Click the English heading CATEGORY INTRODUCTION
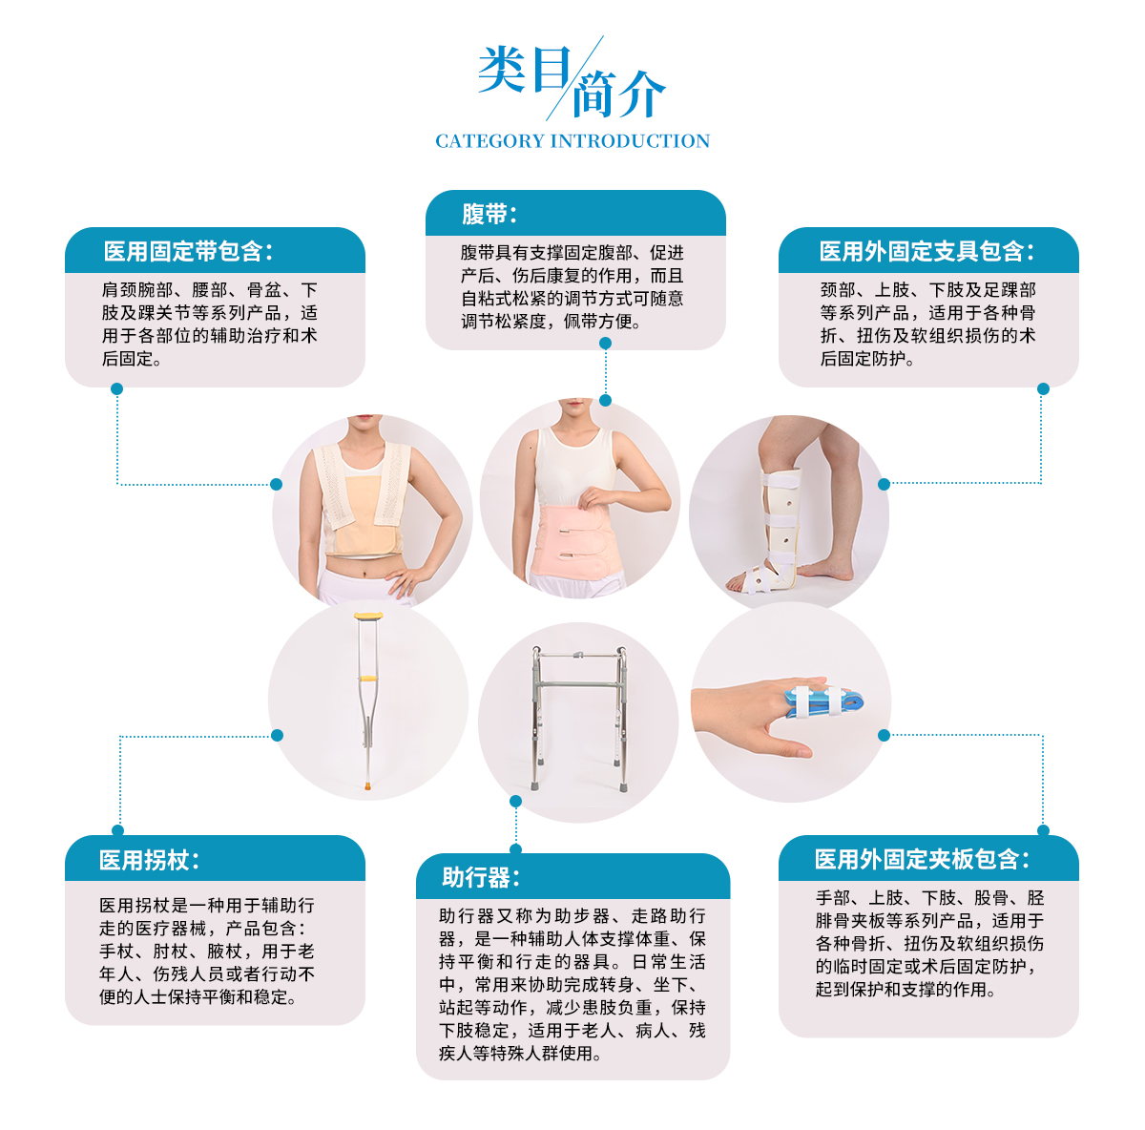point(572,141)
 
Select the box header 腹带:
point(489,214)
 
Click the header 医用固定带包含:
point(188,251)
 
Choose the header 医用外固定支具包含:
point(926,251)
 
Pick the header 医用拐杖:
point(149,860)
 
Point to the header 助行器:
point(480,877)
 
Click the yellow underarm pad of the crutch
point(368,617)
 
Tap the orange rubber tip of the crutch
point(368,785)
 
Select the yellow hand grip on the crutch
point(367,679)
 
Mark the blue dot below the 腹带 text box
point(606,343)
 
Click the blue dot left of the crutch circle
point(277,735)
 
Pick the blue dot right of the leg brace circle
point(885,485)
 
